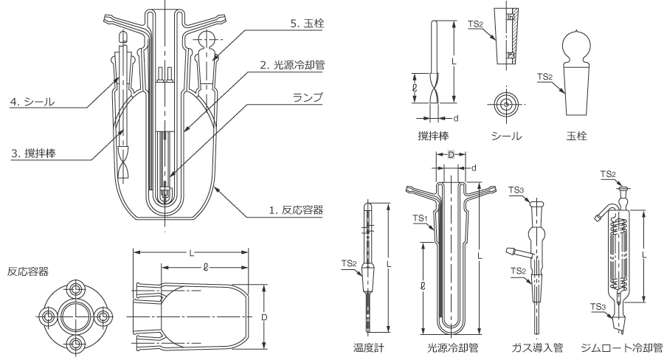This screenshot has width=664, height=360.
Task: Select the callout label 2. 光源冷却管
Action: click(x=292, y=65)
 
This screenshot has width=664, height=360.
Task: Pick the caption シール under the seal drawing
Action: click(x=506, y=136)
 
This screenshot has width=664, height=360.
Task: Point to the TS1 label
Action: click(x=419, y=218)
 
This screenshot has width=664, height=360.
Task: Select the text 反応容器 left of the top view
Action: click(x=29, y=272)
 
